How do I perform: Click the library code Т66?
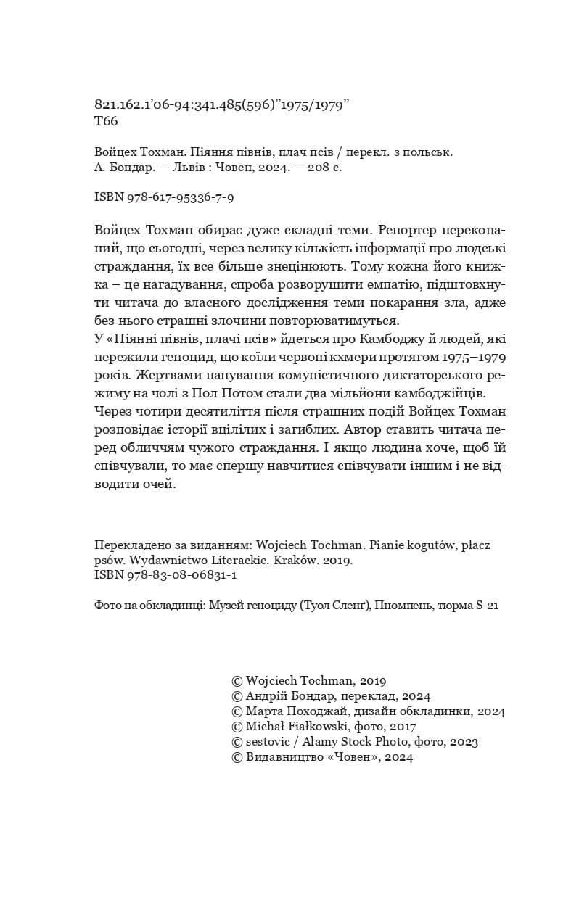pyautogui.click(x=106, y=122)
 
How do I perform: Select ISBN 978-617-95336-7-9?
pyautogui.click(x=165, y=197)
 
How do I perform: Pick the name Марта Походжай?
pyautogui.click(x=296, y=711)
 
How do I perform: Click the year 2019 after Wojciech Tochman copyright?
pyautogui.click(x=371, y=680)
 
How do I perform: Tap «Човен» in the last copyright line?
pyautogui.click(x=351, y=756)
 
